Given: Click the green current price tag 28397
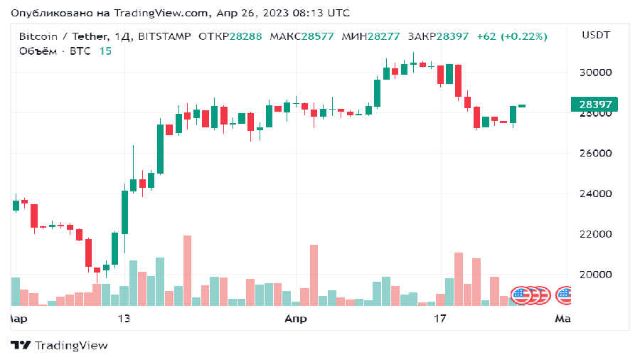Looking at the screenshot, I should click(x=594, y=105).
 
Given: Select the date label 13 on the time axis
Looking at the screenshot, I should click(x=124, y=319).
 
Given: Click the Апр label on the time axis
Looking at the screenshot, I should click(x=296, y=319).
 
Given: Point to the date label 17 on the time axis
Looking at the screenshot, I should click(x=439, y=319).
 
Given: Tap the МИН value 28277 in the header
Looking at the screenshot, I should click(x=385, y=36).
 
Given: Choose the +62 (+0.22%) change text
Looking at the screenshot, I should click(x=512, y=36).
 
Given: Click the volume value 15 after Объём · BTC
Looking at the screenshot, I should click(x=105, y=51).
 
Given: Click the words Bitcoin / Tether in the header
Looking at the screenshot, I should click(x=63, y=36).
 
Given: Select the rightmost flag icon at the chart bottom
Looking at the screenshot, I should click(x=565, y=295).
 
